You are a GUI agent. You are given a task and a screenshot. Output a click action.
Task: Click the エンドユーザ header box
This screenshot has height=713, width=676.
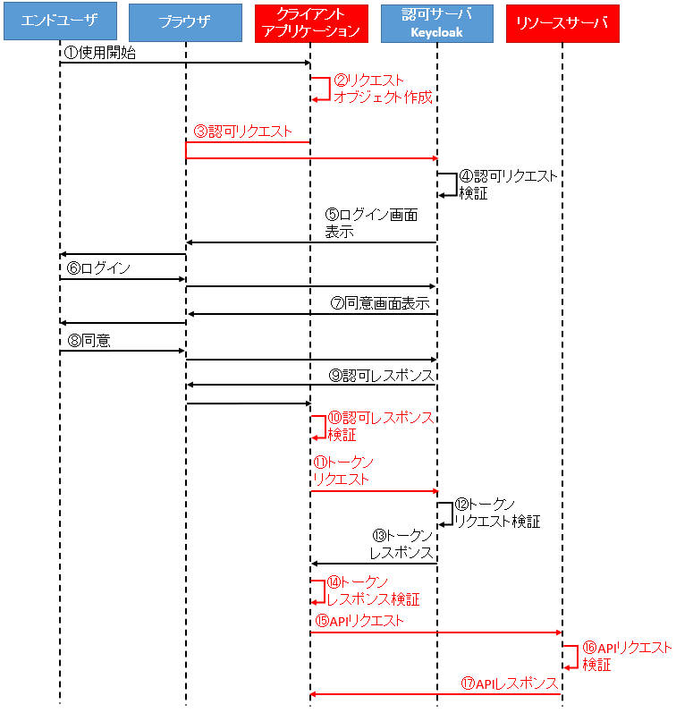(x=60, y=21)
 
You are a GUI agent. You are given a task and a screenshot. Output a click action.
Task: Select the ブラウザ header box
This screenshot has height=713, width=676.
(x=185, y=22)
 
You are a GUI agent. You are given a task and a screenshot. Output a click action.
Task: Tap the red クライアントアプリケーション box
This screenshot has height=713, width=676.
(x=311, y=23)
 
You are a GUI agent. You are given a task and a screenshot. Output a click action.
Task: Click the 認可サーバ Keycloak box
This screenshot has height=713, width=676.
(x=437, y=23)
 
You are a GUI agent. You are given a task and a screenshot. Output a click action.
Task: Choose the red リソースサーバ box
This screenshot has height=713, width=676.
(x=562, y=23)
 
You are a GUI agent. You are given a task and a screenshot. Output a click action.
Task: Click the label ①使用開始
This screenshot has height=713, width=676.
(x=100, y=53)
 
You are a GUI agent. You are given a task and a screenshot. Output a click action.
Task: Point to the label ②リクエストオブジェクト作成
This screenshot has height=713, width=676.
(x=383, y=89)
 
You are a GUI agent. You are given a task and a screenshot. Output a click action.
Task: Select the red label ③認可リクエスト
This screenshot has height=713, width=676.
(x=242, y=132)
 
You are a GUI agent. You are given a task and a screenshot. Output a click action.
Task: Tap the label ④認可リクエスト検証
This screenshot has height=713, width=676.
(x=508, y=184)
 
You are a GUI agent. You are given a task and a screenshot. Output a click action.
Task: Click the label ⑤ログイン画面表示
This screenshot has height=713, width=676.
(x=371, y=223)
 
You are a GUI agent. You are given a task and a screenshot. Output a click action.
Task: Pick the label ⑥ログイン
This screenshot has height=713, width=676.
(x=98, y=267)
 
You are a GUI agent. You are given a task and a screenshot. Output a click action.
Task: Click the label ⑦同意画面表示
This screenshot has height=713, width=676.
(x=380, y=303)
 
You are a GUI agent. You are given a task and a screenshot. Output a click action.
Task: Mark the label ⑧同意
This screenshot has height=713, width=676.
(x=89, y=340)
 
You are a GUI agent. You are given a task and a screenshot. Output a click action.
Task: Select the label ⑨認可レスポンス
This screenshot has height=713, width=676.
(x=382, y=376)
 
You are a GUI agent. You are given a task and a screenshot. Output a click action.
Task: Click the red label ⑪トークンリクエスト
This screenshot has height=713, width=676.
(x=343, y=471)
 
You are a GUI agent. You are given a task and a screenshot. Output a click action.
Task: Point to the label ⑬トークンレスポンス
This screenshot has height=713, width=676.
(x=401, y=544)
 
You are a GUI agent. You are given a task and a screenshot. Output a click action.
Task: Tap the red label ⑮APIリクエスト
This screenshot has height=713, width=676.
(x=359, y=621)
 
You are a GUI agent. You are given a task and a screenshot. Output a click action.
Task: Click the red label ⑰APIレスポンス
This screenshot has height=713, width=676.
(x=510, y=683)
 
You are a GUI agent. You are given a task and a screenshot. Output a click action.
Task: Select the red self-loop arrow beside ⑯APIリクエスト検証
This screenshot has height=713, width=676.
(x=577, y=657)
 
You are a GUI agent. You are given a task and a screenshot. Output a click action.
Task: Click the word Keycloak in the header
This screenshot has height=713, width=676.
(x=436, y=33)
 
